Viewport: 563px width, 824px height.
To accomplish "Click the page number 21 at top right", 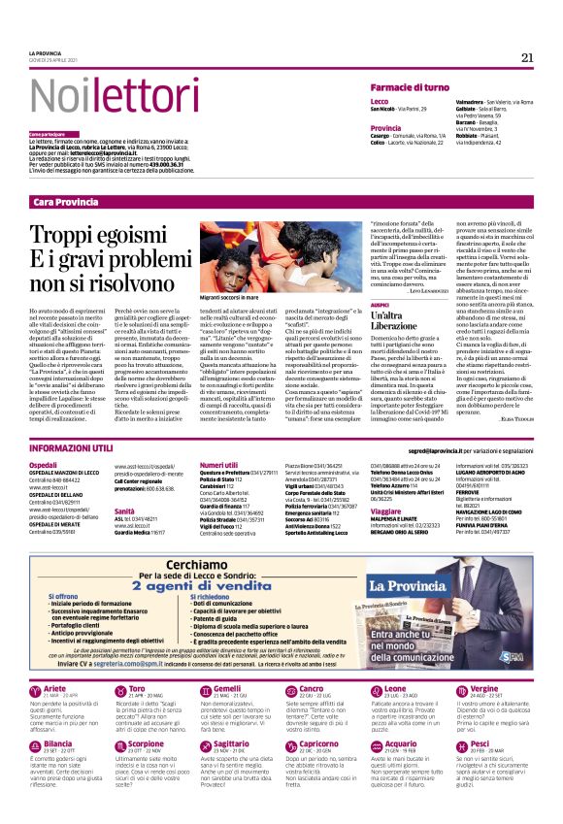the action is (527, 57).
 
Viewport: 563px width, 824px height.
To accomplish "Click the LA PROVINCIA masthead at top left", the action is (45, 52).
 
